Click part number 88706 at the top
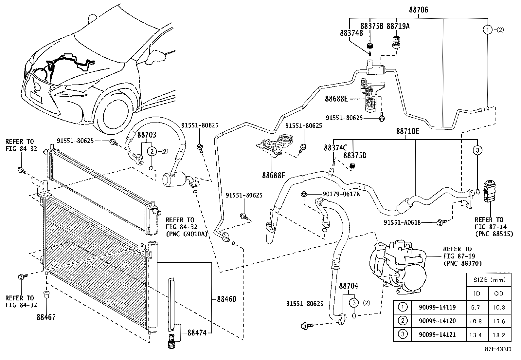pos(418,10)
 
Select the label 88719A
pos(398,26)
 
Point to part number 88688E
pos(336,98)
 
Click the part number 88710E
pos(407,131)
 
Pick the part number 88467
pos(46,317)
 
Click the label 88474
pos(197,333)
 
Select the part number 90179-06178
pos(341,194)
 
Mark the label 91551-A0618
pos(402,223)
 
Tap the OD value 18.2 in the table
pos(499,335)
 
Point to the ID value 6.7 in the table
pos(477,307)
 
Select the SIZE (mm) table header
pos(489,280)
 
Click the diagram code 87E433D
pos(498,349)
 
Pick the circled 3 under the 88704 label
pos(354,303)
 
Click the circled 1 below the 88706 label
pos(488,30)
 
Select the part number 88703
pos(147,135)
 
